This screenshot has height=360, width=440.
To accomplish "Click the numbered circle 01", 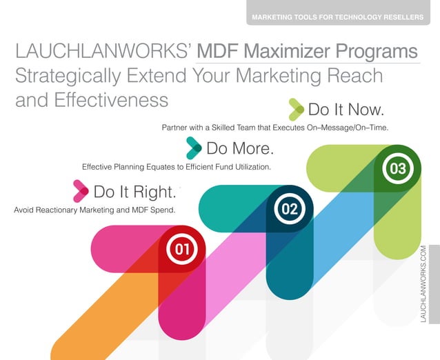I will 182,250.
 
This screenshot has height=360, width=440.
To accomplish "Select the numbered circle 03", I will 397,169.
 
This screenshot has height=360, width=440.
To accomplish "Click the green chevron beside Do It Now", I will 296,109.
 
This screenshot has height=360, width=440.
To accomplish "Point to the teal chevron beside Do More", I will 194,148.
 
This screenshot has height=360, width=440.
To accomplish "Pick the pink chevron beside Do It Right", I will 81,190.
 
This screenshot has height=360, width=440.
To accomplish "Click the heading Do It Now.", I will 346,110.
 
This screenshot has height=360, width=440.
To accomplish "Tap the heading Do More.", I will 240,148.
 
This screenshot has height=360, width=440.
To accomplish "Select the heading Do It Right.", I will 135,191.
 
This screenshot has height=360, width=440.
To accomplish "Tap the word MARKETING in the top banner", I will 273,17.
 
